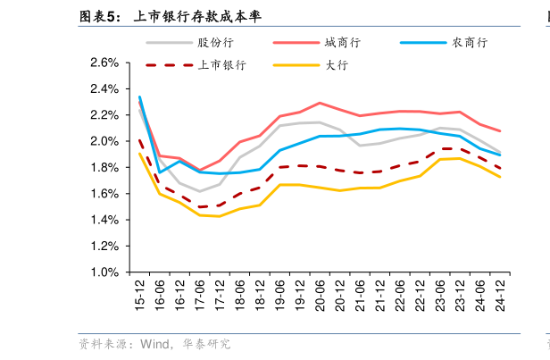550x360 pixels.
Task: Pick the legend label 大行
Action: coord(336,64)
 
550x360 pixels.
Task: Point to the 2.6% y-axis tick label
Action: coord(104,63)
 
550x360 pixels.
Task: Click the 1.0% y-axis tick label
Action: coord(104,272)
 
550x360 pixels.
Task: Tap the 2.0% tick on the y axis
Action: coord(104,141)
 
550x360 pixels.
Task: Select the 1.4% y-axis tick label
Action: coord(104,220)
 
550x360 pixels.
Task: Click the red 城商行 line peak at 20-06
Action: coord(320,103)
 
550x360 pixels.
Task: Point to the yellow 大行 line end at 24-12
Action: coord(500,177)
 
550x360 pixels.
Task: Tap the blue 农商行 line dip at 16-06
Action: coord(160,172)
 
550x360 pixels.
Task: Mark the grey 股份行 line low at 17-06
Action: coord(199,191)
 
